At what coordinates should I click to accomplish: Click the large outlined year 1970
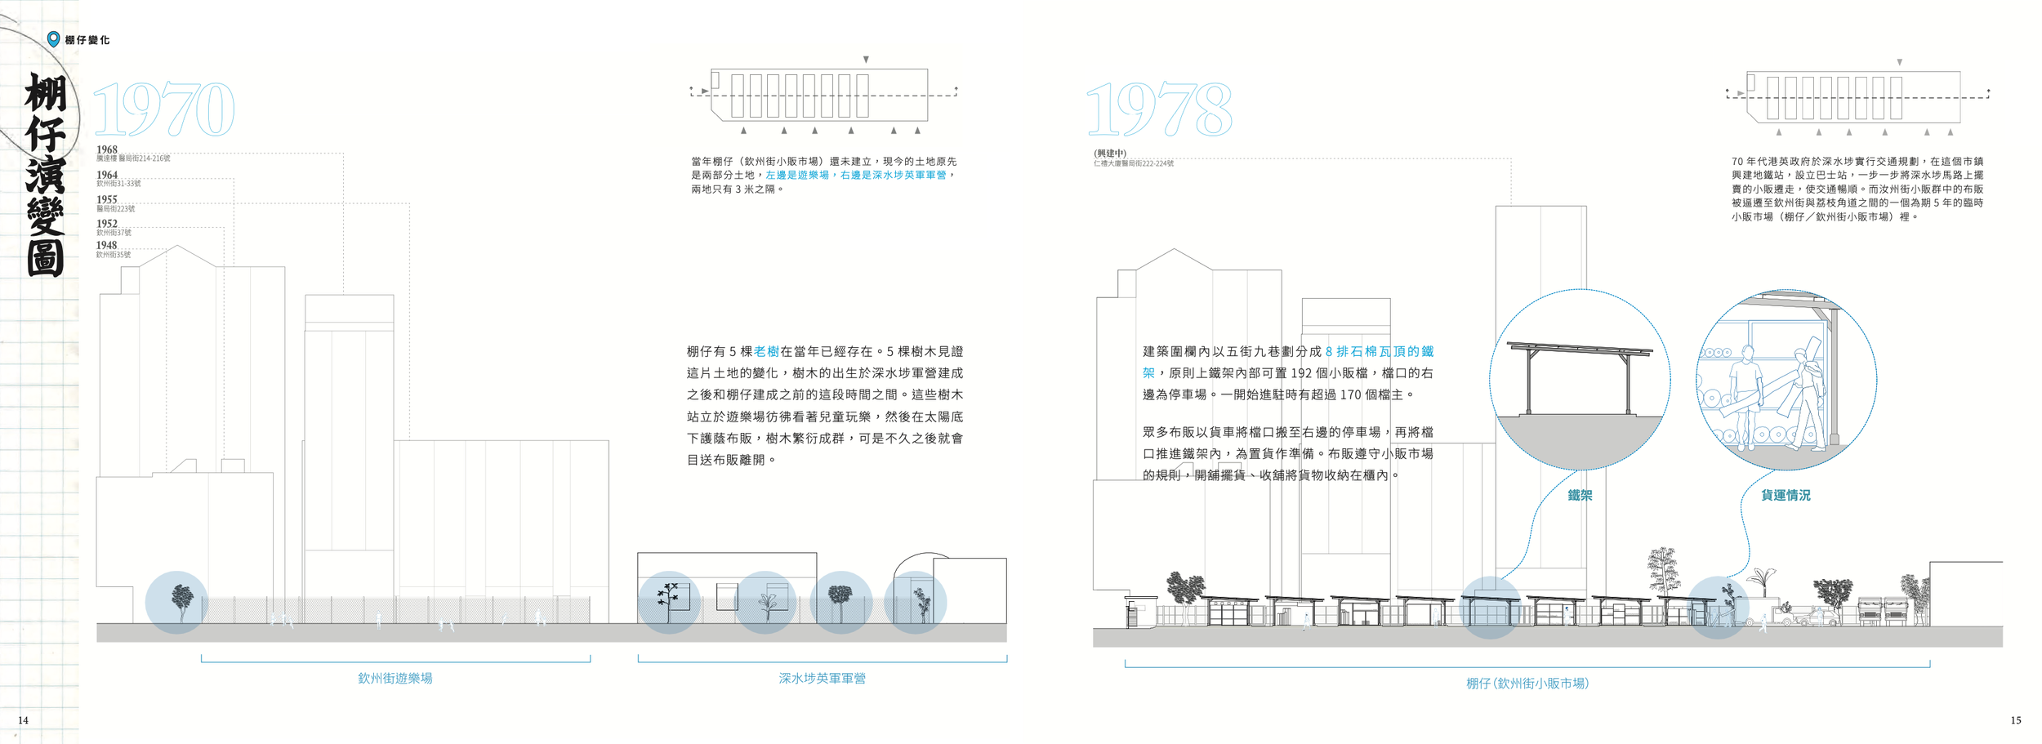(x=164, y=109)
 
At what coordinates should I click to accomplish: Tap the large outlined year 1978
(x=1158, y=109)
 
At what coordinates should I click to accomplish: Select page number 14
(x=23, y=720)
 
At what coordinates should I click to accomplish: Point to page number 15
(x=2015, y=720)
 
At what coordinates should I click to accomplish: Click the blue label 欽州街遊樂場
(x=395, y=679)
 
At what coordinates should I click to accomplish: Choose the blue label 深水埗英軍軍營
(x=822, y=679)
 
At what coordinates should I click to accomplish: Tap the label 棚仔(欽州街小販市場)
(x=1527, y=684)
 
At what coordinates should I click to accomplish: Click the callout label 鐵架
(x=1580, y=496)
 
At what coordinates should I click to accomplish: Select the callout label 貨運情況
(x=1786, y=496)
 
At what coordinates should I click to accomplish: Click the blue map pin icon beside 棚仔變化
(x=54, y=39)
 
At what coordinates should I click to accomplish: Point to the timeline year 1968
(x=107, y=149)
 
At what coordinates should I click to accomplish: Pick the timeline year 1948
(x=107, y=245)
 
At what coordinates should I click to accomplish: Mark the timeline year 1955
(x=107, y=199)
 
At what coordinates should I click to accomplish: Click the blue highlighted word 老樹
(x=766, y=352)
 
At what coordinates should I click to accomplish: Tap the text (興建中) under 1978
(x=1110, y=154)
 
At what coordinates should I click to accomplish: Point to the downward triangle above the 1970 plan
(x=866, y=60)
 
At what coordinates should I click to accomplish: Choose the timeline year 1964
(x=107, y=175)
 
